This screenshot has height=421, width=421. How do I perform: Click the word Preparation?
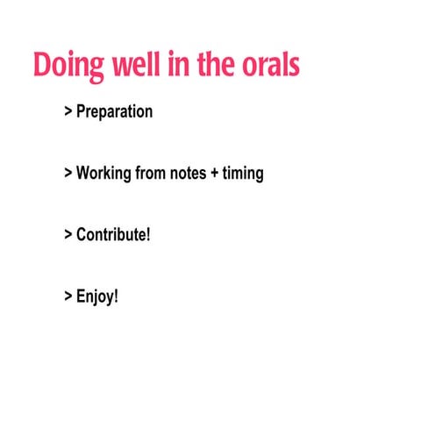pos(114,112)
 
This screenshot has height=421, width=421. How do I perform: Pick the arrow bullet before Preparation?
pos(68,112)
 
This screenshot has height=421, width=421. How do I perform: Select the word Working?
pos(103,174)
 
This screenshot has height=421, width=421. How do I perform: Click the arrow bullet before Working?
pos(68,174)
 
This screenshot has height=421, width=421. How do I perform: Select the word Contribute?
pos(111,235)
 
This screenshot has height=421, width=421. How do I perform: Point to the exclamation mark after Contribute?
pos(148,234)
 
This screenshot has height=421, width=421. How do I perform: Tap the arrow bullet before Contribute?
pos(68,235)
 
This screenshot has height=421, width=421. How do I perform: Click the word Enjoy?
pos(94,296)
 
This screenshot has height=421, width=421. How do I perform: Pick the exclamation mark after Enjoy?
pos(115,296)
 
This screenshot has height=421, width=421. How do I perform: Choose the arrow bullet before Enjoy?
pos(68,296)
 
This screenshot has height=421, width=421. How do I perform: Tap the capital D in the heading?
pos(44,67)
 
